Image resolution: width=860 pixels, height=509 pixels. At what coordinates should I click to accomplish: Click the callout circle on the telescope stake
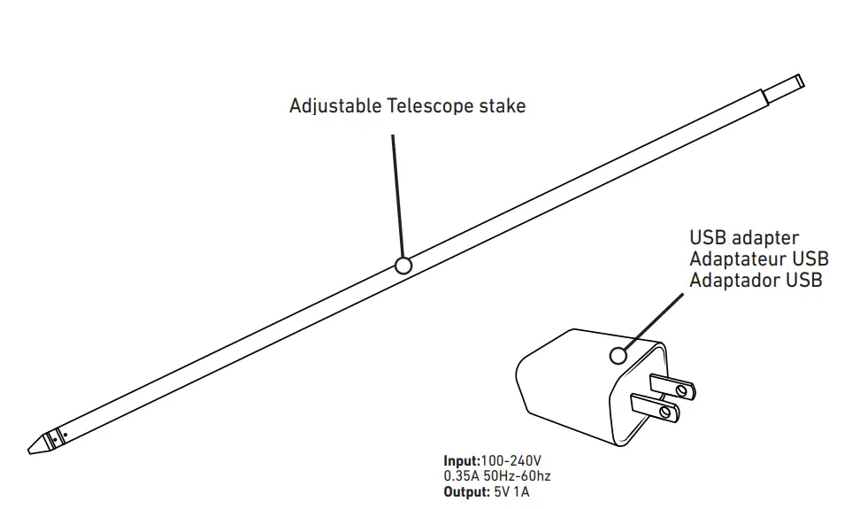click(x=403, y=266)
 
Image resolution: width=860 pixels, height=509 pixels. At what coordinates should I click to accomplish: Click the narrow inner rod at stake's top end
click(x=784, y=87)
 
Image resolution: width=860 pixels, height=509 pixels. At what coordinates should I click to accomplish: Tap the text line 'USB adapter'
click(x=744, y=238)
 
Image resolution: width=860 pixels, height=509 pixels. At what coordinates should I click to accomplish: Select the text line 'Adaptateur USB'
click(x=758, y=259)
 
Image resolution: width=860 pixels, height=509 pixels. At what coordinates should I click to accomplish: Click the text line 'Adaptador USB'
click(x=756, y=281)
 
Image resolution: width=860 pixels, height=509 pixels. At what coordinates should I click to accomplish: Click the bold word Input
click(x=461, y=461)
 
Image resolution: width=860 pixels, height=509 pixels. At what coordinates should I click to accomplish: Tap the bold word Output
click(x=466, y=490)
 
